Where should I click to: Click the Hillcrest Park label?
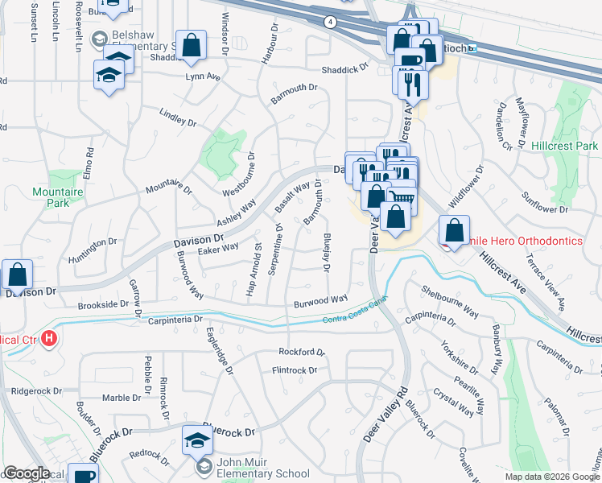pyautogui.click(x=565, y=146)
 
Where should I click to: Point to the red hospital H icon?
pyautogui.click(x=50, y=339)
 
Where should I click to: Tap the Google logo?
pyautogui.click(x=27, y=473)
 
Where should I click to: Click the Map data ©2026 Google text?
pyautogui.click(x=552, y=477)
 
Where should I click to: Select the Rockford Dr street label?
pyautogui.click(x=301, y=352)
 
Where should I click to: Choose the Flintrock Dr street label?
pyautogui.click(x=297, y=370)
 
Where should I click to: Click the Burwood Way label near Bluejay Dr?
pyautogui.click(x=320, y=299)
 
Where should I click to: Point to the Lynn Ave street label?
pyautogui.click(x=202, y=76)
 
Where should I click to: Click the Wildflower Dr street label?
pyautogui.click(x=468, y=187)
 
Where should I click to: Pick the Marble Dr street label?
pyautogui.click(x=121, y=398)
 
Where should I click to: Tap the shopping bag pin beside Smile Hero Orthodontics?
pyautogui.click(x=455, y=230)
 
